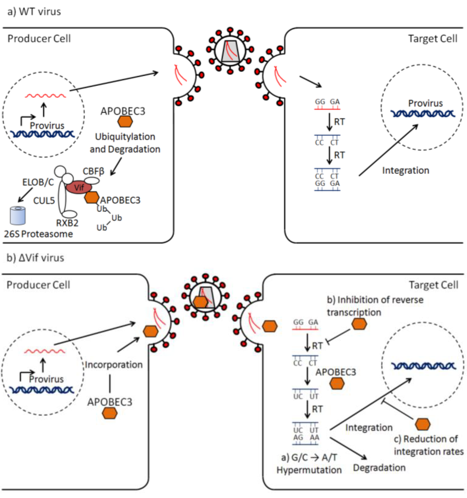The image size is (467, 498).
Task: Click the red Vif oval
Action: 79,187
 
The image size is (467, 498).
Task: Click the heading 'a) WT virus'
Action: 34,11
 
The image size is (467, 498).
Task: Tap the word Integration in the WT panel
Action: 406,170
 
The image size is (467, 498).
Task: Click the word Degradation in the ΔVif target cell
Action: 379,468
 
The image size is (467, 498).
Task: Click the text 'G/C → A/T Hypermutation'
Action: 309,464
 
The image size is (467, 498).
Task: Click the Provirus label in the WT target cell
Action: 425,103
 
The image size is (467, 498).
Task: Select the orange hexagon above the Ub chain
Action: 92,197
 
